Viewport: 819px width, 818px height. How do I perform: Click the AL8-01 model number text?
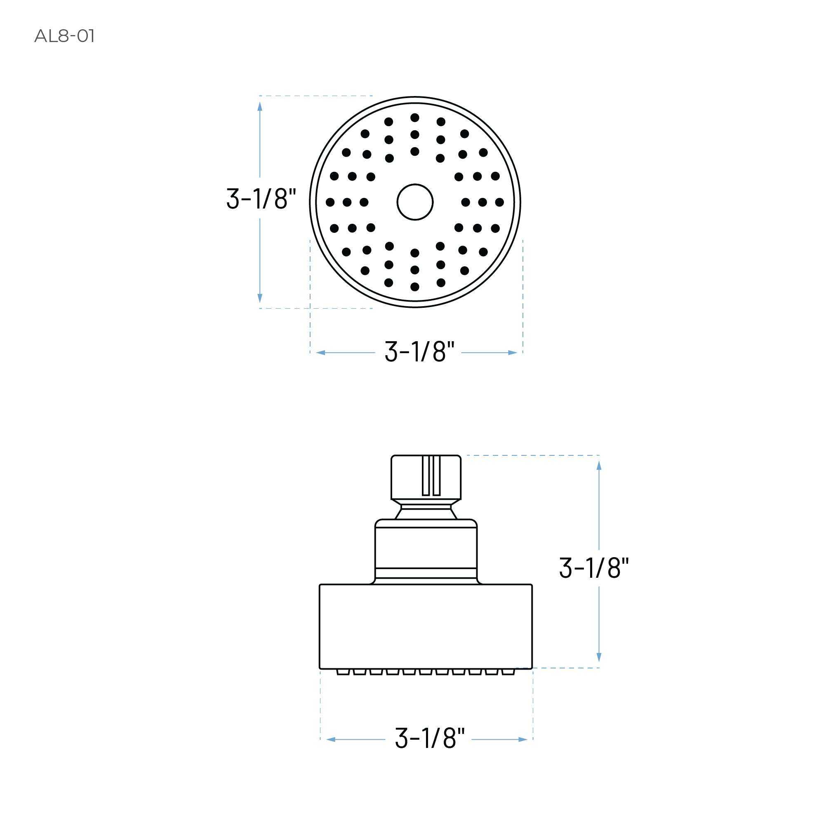64,36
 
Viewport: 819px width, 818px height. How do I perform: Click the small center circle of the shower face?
414,202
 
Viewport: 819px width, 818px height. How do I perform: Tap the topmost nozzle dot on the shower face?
414,117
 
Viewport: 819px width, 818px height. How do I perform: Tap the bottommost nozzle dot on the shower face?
414,287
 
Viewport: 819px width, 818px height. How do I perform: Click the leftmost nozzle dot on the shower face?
330,202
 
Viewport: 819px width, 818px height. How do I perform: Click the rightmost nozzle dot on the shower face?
499,202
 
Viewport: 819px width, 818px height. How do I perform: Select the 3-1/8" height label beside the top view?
261,198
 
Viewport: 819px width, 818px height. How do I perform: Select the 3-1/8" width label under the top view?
419,351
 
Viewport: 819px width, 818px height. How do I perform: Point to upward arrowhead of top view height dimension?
260,106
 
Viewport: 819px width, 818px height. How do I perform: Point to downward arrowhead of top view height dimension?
260,298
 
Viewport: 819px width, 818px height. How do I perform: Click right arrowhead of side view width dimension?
522,739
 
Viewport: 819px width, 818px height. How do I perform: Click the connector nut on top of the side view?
426,478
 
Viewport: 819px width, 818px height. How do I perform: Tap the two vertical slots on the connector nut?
431,475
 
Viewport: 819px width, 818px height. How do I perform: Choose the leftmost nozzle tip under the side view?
343,671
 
